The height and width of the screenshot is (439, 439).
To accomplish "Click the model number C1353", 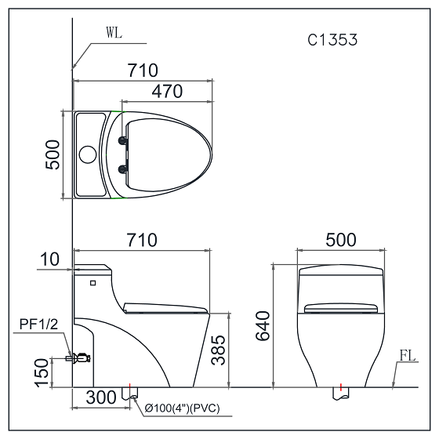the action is tap(332, 40).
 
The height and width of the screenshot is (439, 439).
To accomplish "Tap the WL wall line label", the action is tap(114, 32).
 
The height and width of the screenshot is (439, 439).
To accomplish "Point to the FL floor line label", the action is tap(408, 356).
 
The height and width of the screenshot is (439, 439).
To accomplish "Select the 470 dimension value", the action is tap(167, 91).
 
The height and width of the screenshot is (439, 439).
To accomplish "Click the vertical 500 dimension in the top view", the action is tap(53, 154).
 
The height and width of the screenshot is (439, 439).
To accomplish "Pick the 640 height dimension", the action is tap(263, 325).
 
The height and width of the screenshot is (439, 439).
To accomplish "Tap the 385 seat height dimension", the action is tap(218, 350).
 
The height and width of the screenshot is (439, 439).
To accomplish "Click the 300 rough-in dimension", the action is tap(101, 397).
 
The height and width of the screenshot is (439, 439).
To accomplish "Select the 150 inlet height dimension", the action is tap(42, 373).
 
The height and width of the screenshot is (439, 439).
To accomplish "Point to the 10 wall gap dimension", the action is tap(50, 259).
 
